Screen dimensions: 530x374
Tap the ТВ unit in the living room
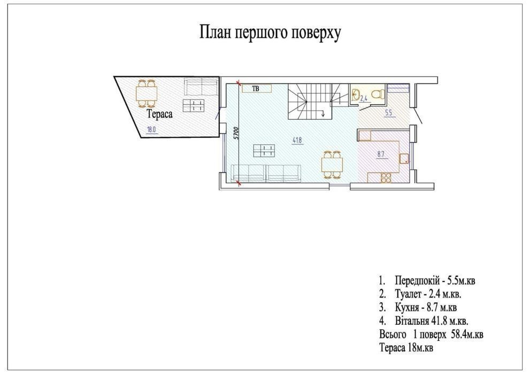point(257,89)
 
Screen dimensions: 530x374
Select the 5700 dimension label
point(236,134)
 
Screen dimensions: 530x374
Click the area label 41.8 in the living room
point(297,141)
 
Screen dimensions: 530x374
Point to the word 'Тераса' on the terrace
point(159,114)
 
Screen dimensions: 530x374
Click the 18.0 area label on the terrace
point(152,130)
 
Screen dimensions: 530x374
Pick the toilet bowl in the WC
point(378,94)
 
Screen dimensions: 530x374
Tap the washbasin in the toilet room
point(355,94)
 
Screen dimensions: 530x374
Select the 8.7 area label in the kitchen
point(381,154)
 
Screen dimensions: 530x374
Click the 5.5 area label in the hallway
point(389,113)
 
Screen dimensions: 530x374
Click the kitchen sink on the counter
point(404,159)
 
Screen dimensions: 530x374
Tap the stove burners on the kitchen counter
point(386,177)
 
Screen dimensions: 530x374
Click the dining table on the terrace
point(147,93)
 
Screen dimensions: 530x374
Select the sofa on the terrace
point(201,87)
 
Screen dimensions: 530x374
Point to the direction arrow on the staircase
point(324,113)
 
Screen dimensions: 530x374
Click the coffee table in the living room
point(264,151)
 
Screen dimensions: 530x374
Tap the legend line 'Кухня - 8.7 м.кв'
point(418,308)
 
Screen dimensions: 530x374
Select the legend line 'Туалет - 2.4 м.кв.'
point(420,294)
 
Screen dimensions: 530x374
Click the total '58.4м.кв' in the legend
point(467,334)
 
